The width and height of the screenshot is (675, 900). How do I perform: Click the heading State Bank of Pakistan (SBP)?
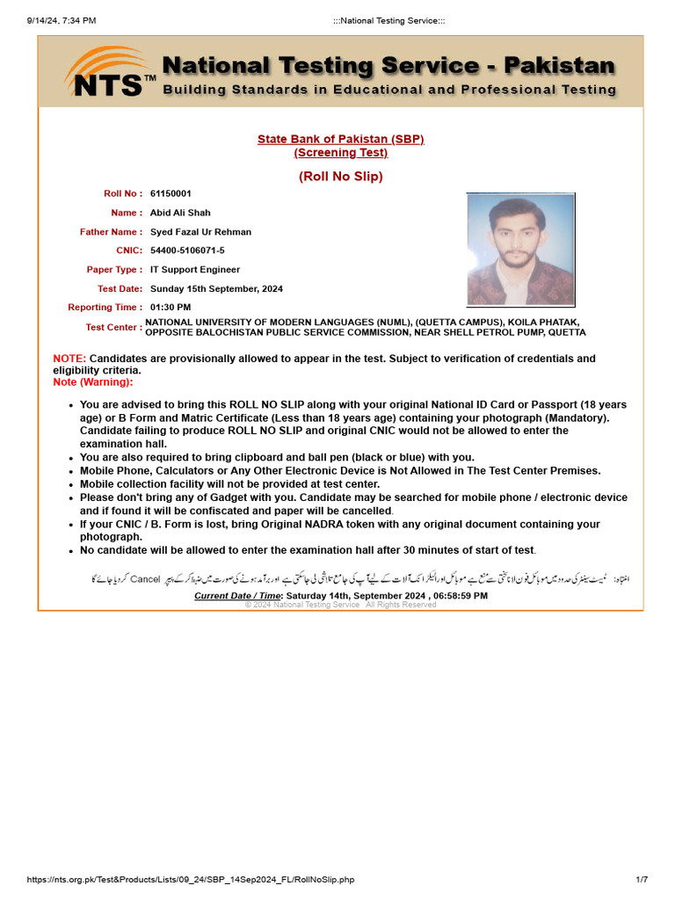[340, 139]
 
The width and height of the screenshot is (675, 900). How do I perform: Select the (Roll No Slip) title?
[340, 177]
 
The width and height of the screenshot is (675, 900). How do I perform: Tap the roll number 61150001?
[171, 193]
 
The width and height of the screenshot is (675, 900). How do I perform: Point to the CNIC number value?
[187, 250]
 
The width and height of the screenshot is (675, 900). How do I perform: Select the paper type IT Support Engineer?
[195, 270]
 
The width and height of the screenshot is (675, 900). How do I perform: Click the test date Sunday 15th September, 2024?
[216, 288]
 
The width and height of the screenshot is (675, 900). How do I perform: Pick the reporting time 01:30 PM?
[171, 307]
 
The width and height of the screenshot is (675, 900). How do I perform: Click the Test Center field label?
[113, 327]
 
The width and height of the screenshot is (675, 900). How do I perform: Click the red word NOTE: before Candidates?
[69, 359]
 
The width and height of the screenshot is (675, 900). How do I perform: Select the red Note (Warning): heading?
[93, 382]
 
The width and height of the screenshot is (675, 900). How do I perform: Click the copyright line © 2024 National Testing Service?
[340, 605]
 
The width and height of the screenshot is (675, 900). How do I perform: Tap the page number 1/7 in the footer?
[641, 880]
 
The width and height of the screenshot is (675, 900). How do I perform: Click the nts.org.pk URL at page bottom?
[191, 880]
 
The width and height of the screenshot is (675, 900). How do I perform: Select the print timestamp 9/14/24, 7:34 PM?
[62, 20]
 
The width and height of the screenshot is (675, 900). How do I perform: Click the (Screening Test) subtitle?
[340, 152]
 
